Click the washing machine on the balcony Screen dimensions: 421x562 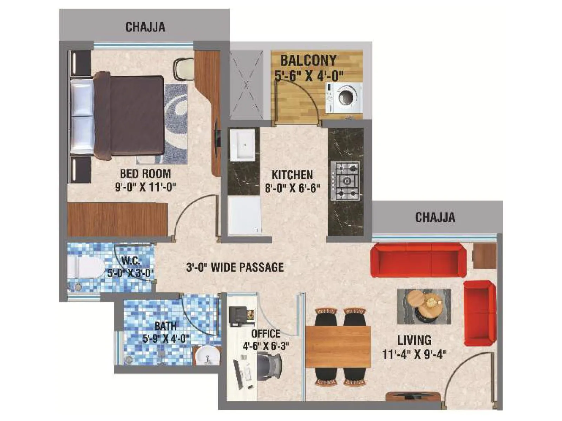point(344,98)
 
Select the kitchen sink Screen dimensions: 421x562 point(243,145)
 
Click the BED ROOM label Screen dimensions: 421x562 point(145,174)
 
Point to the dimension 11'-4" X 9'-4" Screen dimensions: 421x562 point(414,354)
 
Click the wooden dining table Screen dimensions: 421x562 point(338,347)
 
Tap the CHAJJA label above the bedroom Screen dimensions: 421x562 point(145,27)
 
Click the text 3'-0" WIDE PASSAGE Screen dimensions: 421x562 point(235,268)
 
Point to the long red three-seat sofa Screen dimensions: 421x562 point(418,260)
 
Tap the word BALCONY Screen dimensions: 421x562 point(308,60)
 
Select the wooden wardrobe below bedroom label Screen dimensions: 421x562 point(117,219)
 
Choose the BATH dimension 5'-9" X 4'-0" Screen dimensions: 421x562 point(166,339)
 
